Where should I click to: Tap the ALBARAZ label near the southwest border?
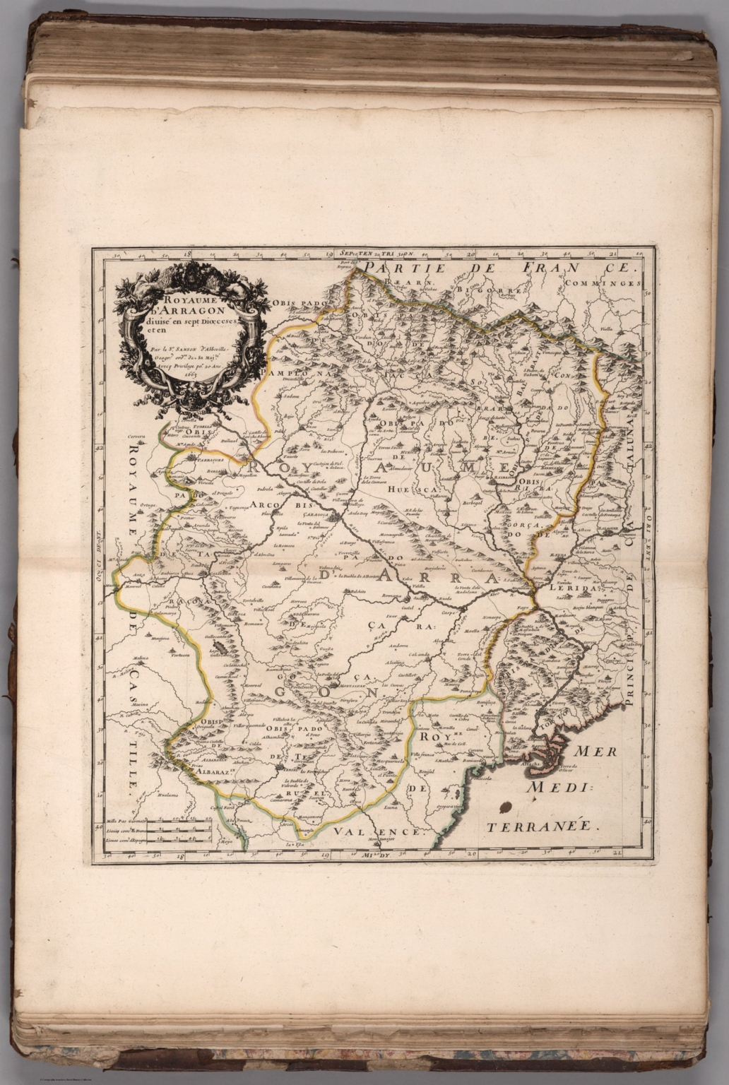pos(201,773)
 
